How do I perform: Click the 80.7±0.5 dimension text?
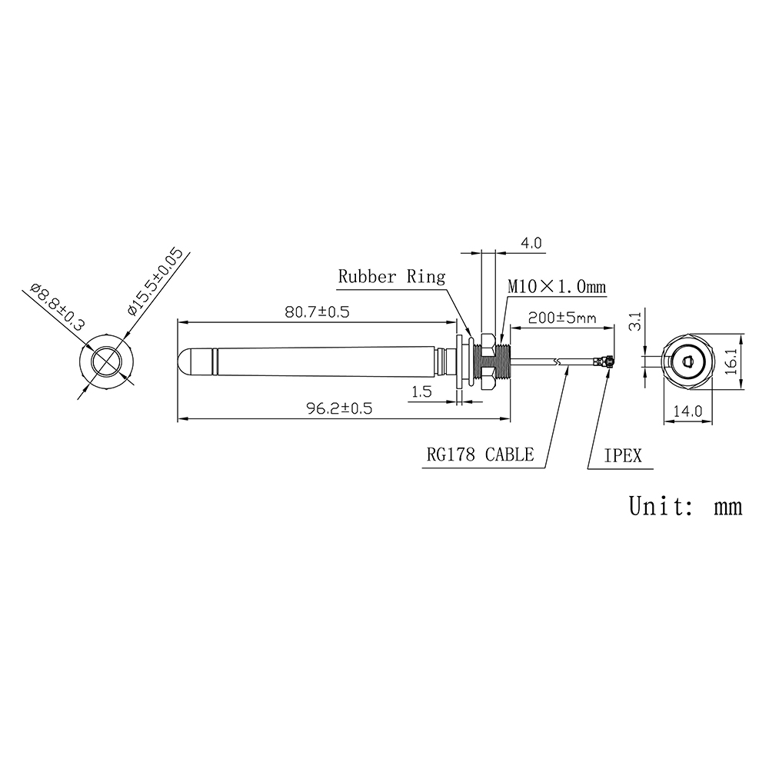(x=317, y=312)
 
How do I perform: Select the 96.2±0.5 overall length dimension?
(x=339, y=409)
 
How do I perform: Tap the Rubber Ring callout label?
(x=392, y=277)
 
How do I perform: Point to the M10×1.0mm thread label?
(x=556, y=287)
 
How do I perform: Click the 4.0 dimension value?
(x=531, y=243)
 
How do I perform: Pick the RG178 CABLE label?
(x=480, y=454)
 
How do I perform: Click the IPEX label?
(x=622, y=455)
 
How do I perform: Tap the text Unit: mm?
(x=685, y=506)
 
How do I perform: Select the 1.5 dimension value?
(x=421, y=391)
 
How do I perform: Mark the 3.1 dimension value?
(x=634, y=321)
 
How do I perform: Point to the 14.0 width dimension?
(x=687, y=411)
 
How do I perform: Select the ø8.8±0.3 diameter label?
(x=57, y=308)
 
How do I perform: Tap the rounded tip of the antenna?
(x=185, y=361)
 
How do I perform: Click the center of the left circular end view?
(x=106, y=361)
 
